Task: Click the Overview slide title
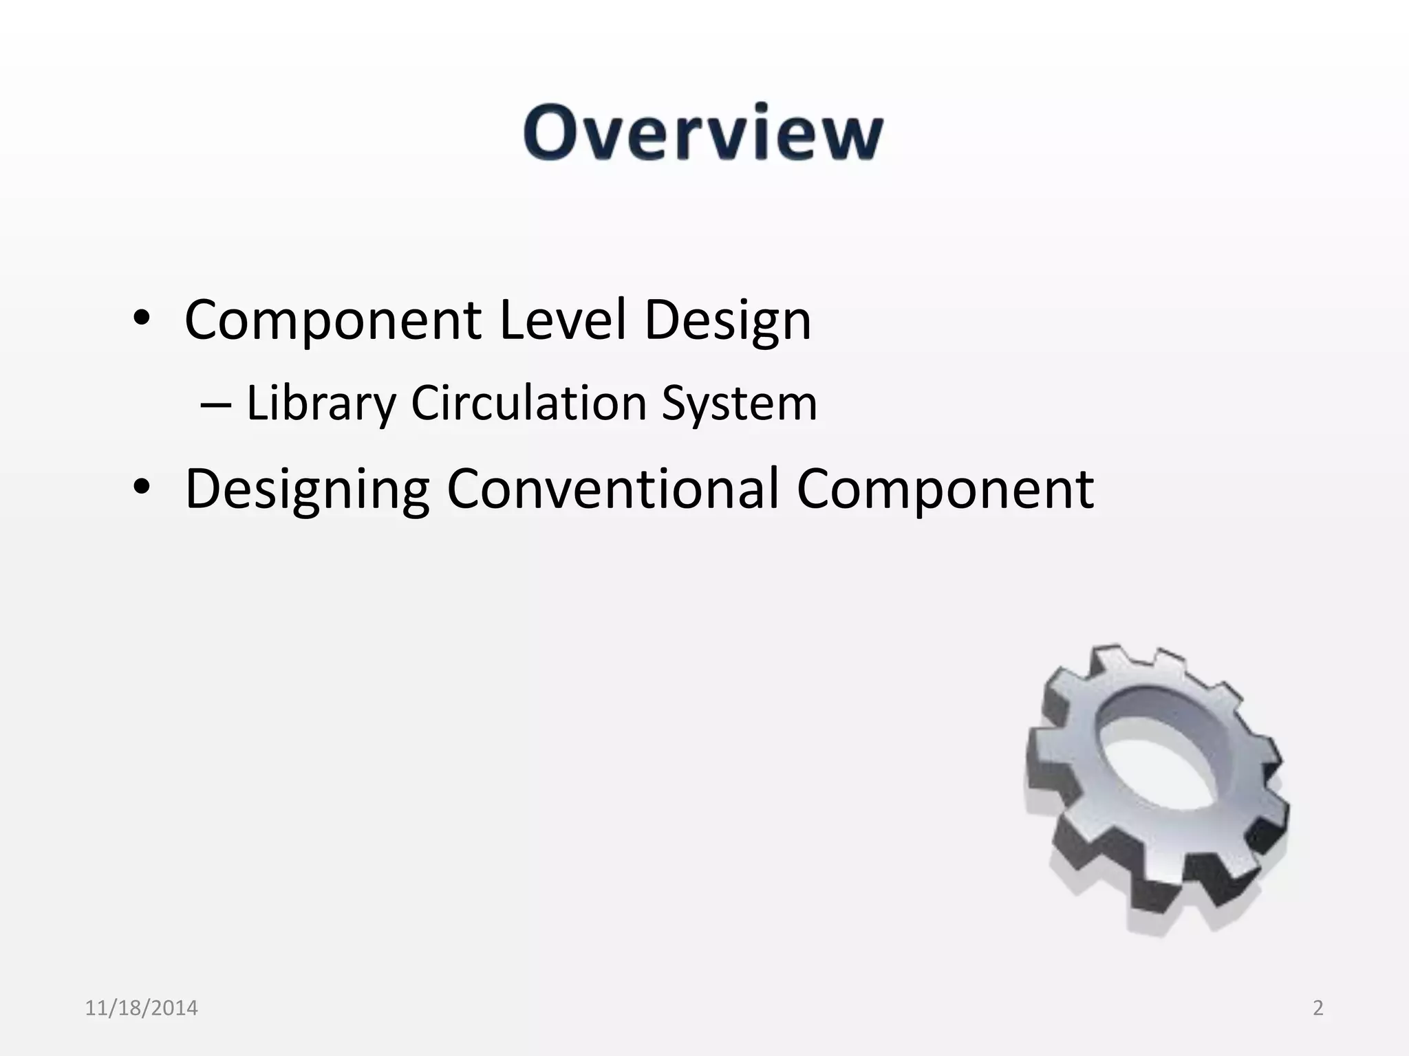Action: point(703,133)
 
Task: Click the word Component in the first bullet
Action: point(333,320)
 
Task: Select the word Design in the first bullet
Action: point(727,322)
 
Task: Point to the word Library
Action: point(321,404)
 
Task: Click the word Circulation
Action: point(528,403)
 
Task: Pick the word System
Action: point(739,404)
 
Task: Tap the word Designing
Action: point(308,489)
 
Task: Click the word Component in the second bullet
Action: point(945,489)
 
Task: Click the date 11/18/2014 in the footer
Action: point(141,1008)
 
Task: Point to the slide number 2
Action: point(1317,1008)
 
